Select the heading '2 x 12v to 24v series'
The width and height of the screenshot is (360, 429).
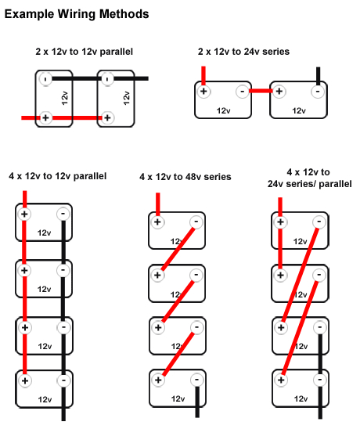pyautogui.click(x=243, y=52)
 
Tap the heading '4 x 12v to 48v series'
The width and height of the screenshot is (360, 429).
pyautogui.click(x=185, y=178)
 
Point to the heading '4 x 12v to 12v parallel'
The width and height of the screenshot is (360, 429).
pyautogui.click(x=57, y=175)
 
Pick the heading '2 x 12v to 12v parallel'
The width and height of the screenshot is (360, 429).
pyautogui.click(x=84, y=52)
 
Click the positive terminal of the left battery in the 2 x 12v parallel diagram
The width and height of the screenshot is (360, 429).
pyautogui.click(x=46, y=118)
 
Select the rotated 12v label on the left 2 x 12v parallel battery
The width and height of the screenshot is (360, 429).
pyautogui.click(x=65, y=98)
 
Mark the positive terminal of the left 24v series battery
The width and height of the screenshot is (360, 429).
pyautogui.click(x=204, y=92)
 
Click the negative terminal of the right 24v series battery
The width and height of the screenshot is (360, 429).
pyautogui.click(x=317, y=92)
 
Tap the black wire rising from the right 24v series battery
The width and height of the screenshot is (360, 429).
pyautogui.click(x=318, y=76)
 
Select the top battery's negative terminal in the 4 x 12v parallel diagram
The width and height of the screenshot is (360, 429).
pyautogui.click(x=63, y=214)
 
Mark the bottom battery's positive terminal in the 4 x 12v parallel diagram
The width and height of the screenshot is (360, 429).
pyautogui.click(x=25, y=381)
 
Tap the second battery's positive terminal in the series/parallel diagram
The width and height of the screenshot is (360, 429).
pyautogui.click(x=279, y=276)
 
